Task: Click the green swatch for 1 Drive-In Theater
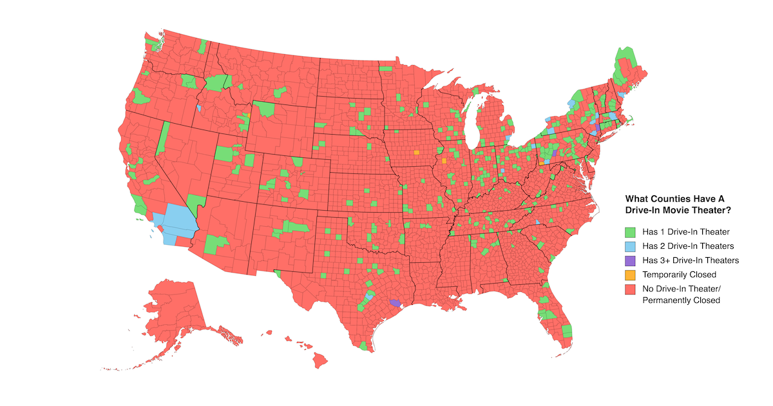631,231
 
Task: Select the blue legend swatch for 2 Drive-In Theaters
631,246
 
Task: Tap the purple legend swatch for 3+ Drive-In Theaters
631,260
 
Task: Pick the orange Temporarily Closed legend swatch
631,275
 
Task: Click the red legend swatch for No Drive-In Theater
631,289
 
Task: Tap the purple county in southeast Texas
396,302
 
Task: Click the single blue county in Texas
369,295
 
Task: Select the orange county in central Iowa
416,153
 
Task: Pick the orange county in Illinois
444,160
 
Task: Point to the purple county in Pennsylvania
554,153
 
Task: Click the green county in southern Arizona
215,244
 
